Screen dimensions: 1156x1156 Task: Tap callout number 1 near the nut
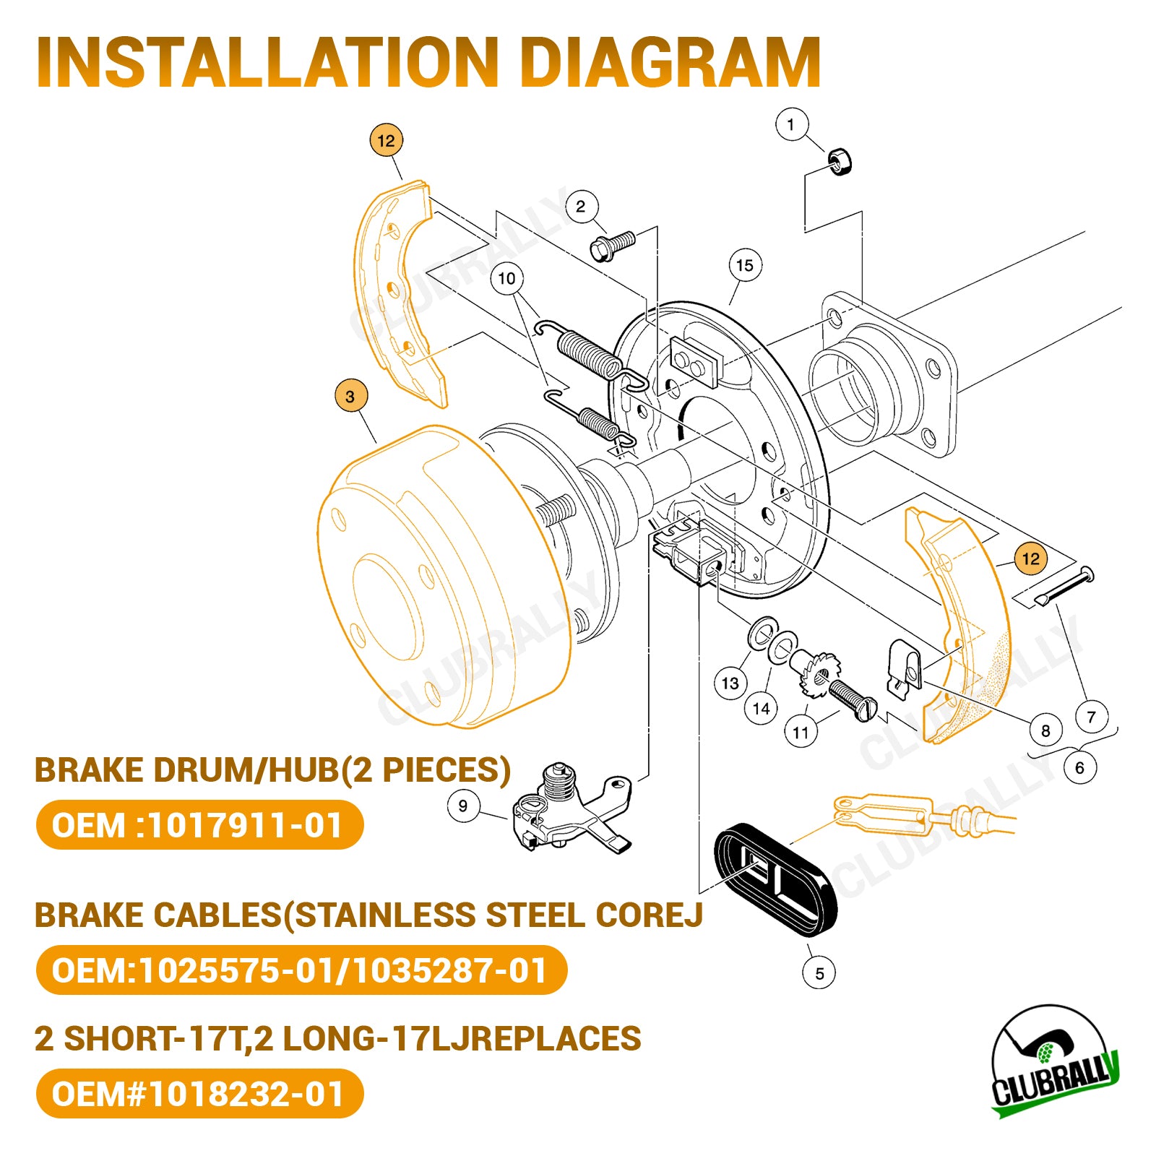click(790, 124)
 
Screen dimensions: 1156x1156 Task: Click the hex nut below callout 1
click(839, 160)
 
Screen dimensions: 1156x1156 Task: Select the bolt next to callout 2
click(612, 246)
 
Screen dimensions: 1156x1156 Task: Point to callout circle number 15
click(745, 265)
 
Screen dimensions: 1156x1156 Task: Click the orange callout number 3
click(350, 396)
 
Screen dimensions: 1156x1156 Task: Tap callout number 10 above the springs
click(506, 278)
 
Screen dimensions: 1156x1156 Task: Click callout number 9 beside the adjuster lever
click(462, 806)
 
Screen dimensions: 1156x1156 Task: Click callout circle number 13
click(730, 683)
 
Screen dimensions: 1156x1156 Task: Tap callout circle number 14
click(761, 708)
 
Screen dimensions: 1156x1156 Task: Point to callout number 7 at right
click(1091, 717)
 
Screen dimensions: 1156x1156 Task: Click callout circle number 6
click(1079, 767)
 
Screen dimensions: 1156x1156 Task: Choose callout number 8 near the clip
click(1045, 730)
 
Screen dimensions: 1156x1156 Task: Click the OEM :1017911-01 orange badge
click(199, 825)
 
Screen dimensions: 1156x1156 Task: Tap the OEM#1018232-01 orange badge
click(199, 1093)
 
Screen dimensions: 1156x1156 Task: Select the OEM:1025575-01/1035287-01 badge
click(301, 970)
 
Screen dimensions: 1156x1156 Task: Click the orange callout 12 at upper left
click(386, 141)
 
